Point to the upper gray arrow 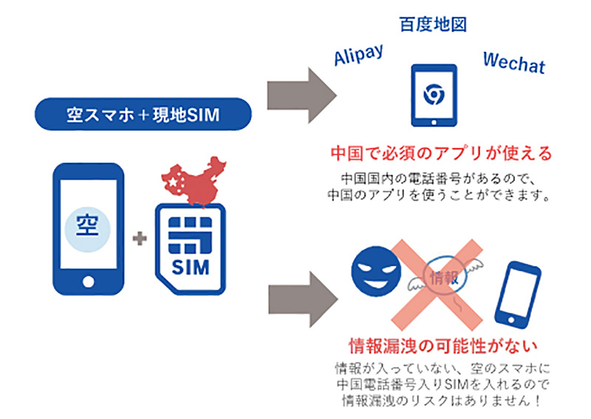click(298, 92)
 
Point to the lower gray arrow click(298, 291)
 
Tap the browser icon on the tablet click(432, 94)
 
